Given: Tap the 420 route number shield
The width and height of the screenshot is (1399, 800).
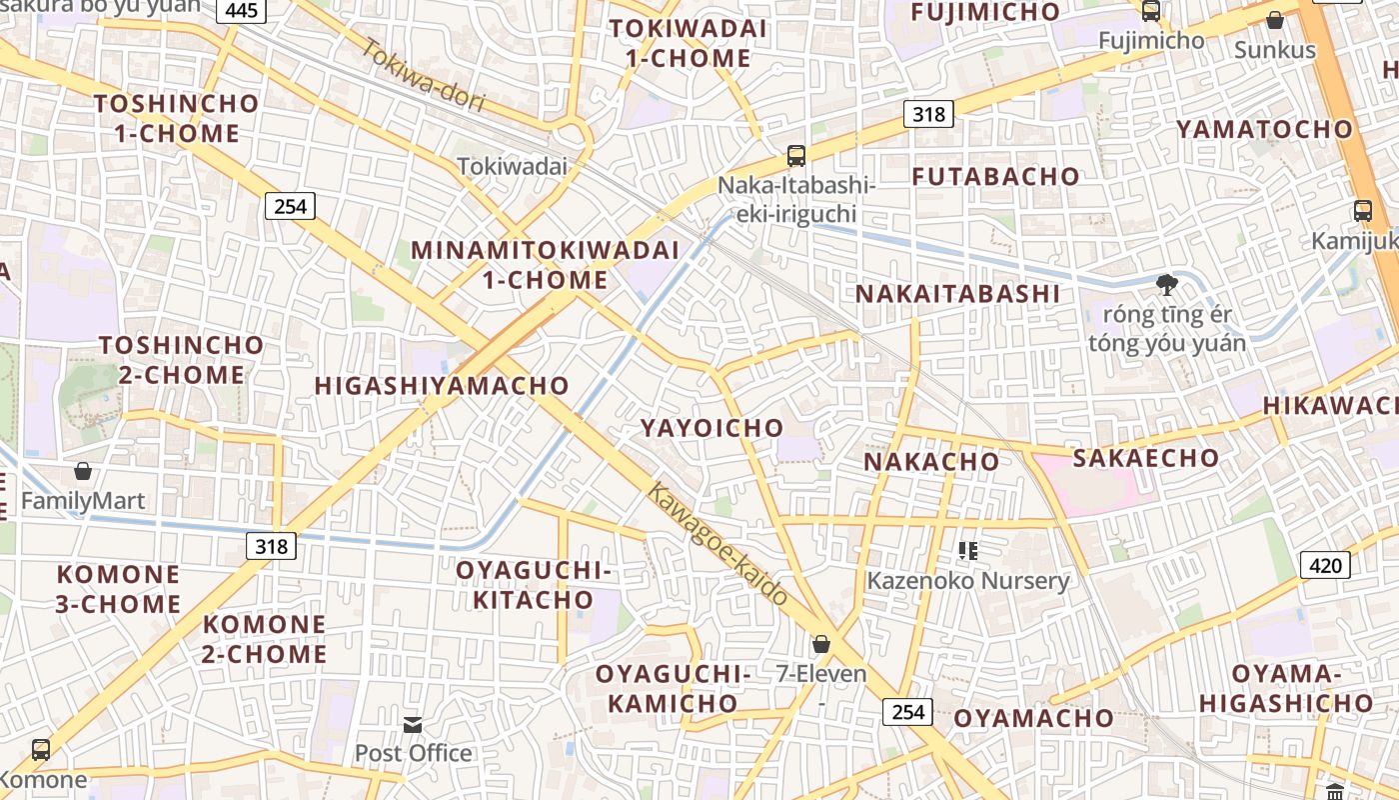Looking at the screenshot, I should point(1325,565).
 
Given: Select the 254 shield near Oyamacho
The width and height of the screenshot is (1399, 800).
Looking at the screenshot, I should point(907,712).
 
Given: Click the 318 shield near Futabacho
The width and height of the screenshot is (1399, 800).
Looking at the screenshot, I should point(928,114).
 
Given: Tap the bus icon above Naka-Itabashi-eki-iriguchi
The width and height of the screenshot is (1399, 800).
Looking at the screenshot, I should point(795,156).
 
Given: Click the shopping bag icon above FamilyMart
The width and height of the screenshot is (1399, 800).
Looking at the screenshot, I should point(83,471).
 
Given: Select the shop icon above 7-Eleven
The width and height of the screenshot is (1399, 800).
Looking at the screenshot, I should point(820,644).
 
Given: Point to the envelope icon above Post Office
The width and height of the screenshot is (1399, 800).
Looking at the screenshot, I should point(413,725).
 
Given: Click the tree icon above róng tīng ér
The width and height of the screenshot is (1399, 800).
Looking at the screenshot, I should point(1166,286).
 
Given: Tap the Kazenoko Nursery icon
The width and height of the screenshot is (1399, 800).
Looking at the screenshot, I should point(967,550).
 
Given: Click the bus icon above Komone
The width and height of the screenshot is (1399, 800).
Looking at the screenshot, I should point(41,749).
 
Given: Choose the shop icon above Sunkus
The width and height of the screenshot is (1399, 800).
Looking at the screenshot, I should point(1274,20).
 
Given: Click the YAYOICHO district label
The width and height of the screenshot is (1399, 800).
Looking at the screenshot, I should point(711,428).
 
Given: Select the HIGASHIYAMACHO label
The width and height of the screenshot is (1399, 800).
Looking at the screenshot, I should point(442,385).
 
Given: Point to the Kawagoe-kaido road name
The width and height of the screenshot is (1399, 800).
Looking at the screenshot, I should point(717,544).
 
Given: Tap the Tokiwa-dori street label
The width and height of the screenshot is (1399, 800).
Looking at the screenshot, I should point(424,75).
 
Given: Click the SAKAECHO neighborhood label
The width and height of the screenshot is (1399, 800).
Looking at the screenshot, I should point(1145,458).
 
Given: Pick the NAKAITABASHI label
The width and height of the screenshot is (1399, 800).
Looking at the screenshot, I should point(956,294).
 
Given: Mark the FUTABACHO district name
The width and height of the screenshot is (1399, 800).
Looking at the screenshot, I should point(995,176).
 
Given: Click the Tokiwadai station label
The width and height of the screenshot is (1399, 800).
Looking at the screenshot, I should point(512,166).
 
